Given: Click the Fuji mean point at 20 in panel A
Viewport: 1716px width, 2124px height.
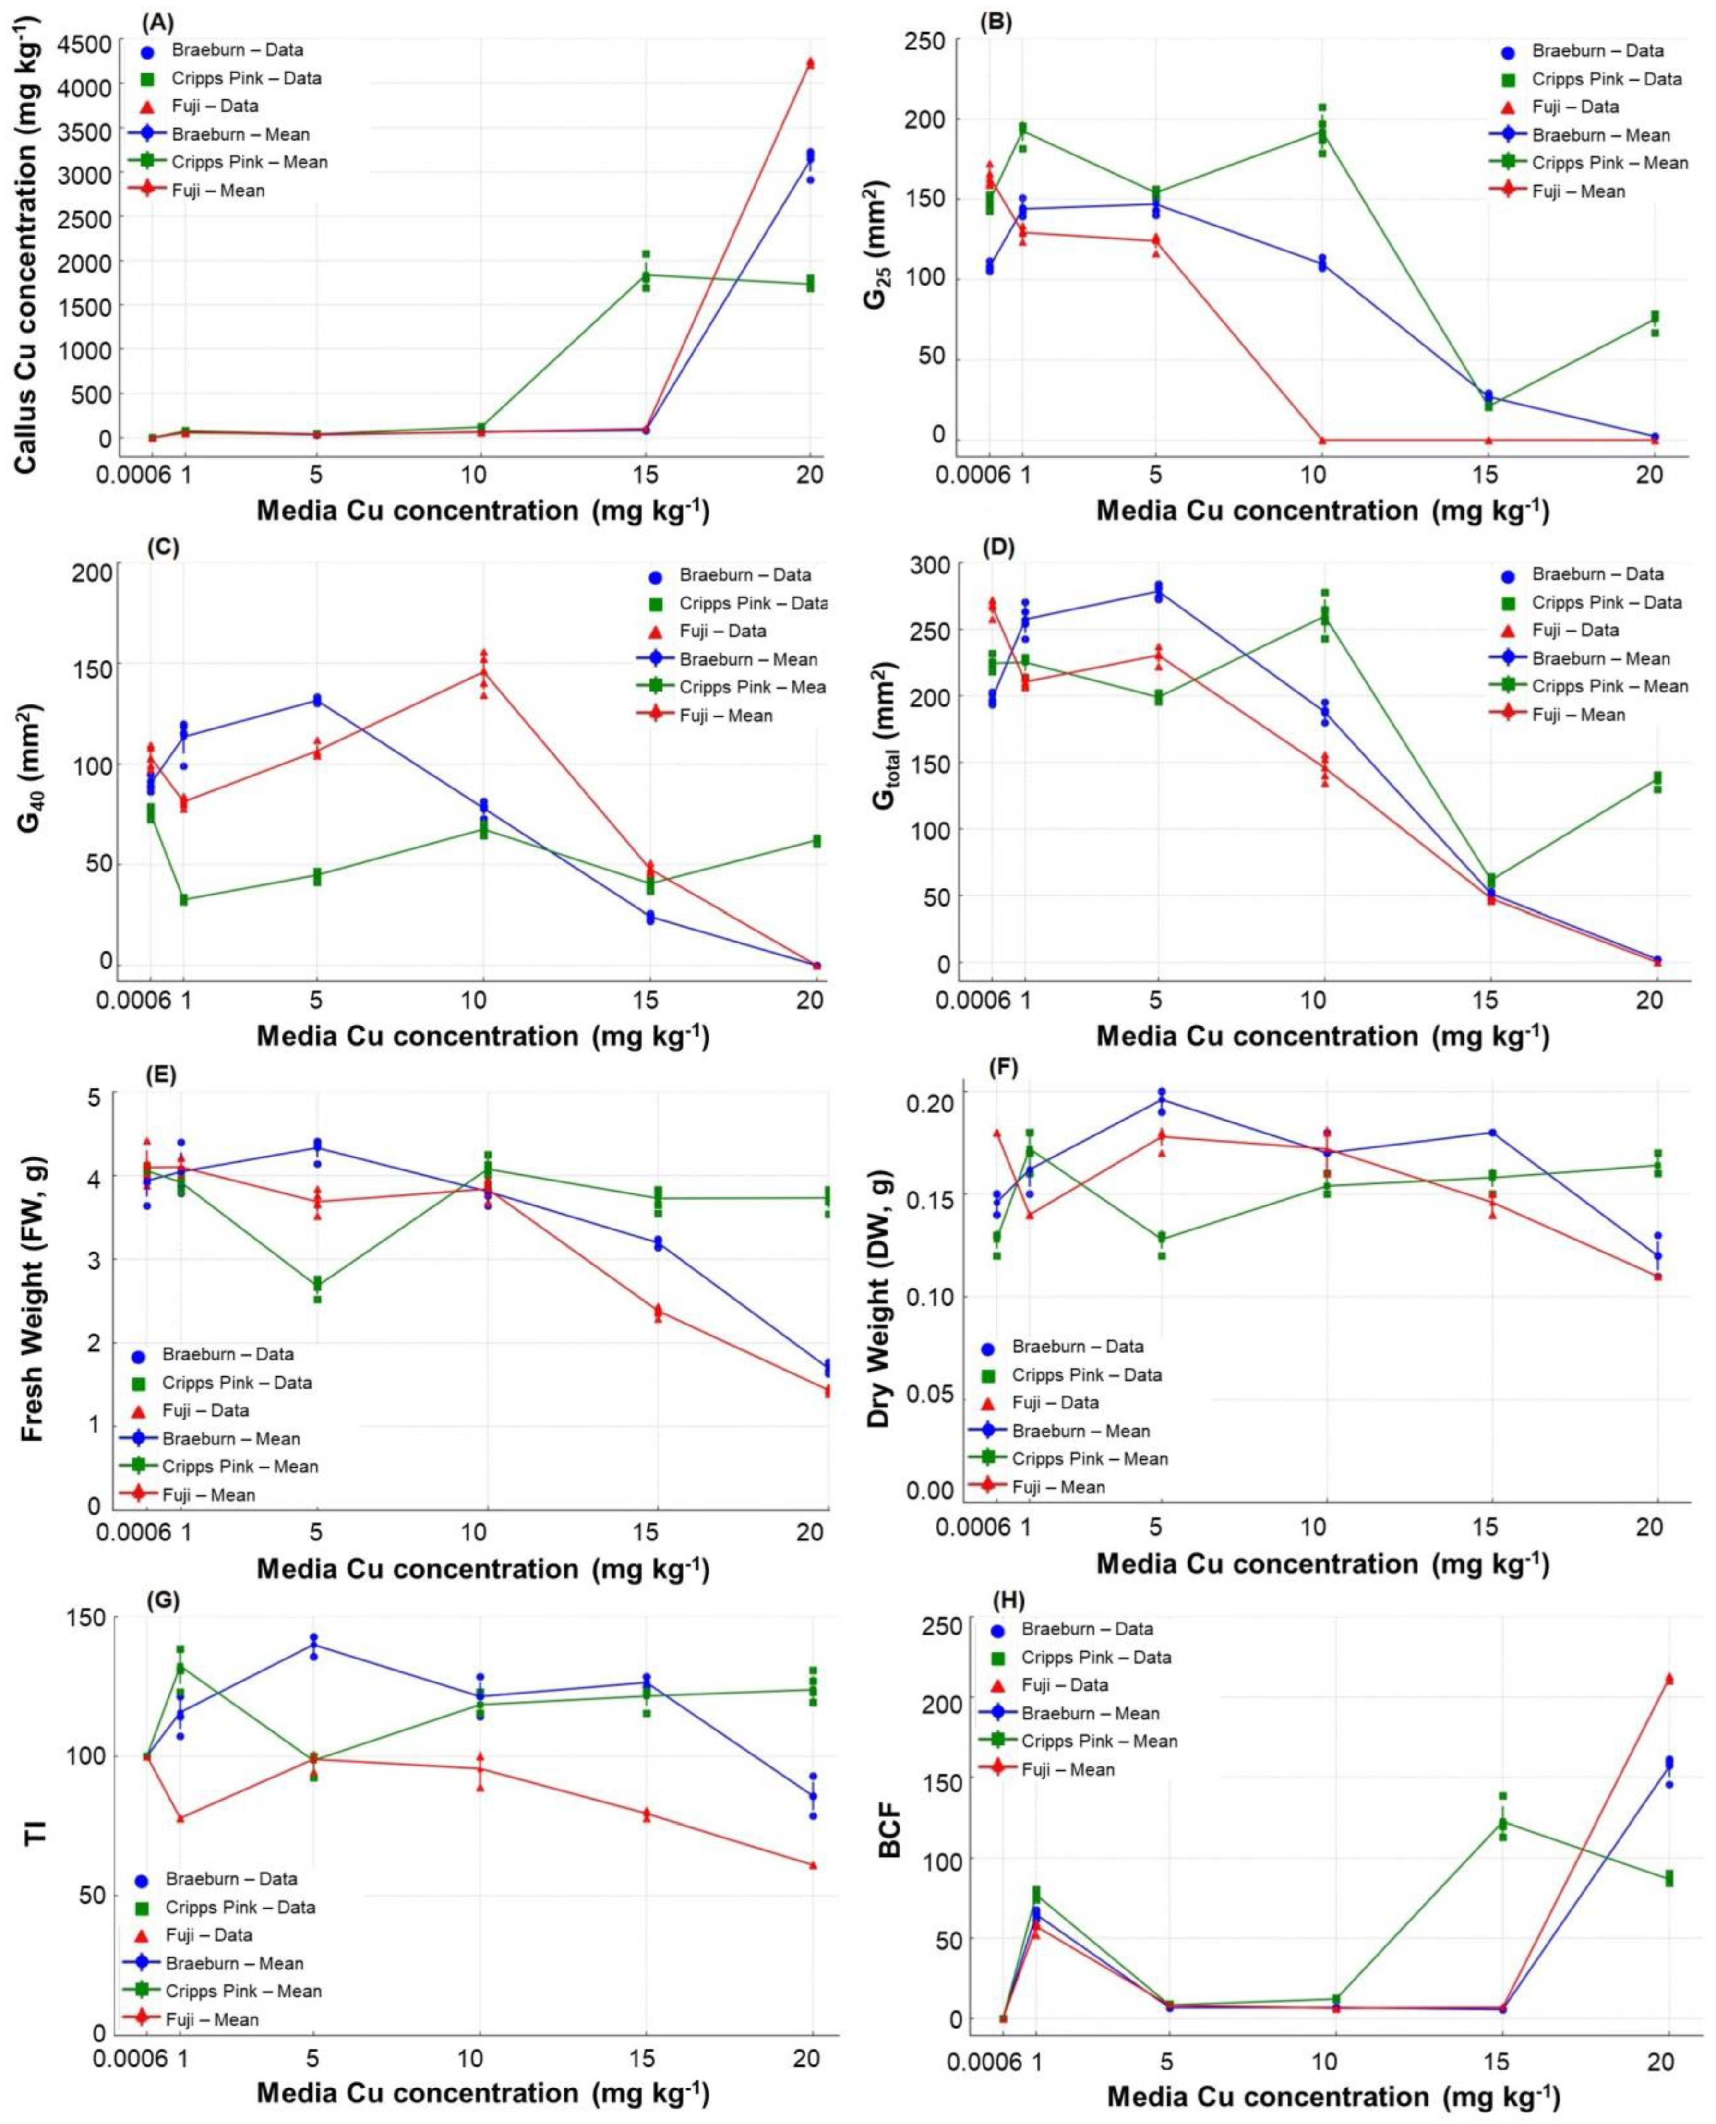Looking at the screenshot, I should (811, 63).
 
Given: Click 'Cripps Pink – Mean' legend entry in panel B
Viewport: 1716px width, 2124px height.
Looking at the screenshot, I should (1601, 163).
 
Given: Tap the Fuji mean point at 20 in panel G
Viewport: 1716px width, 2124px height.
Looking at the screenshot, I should (813, 1865).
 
